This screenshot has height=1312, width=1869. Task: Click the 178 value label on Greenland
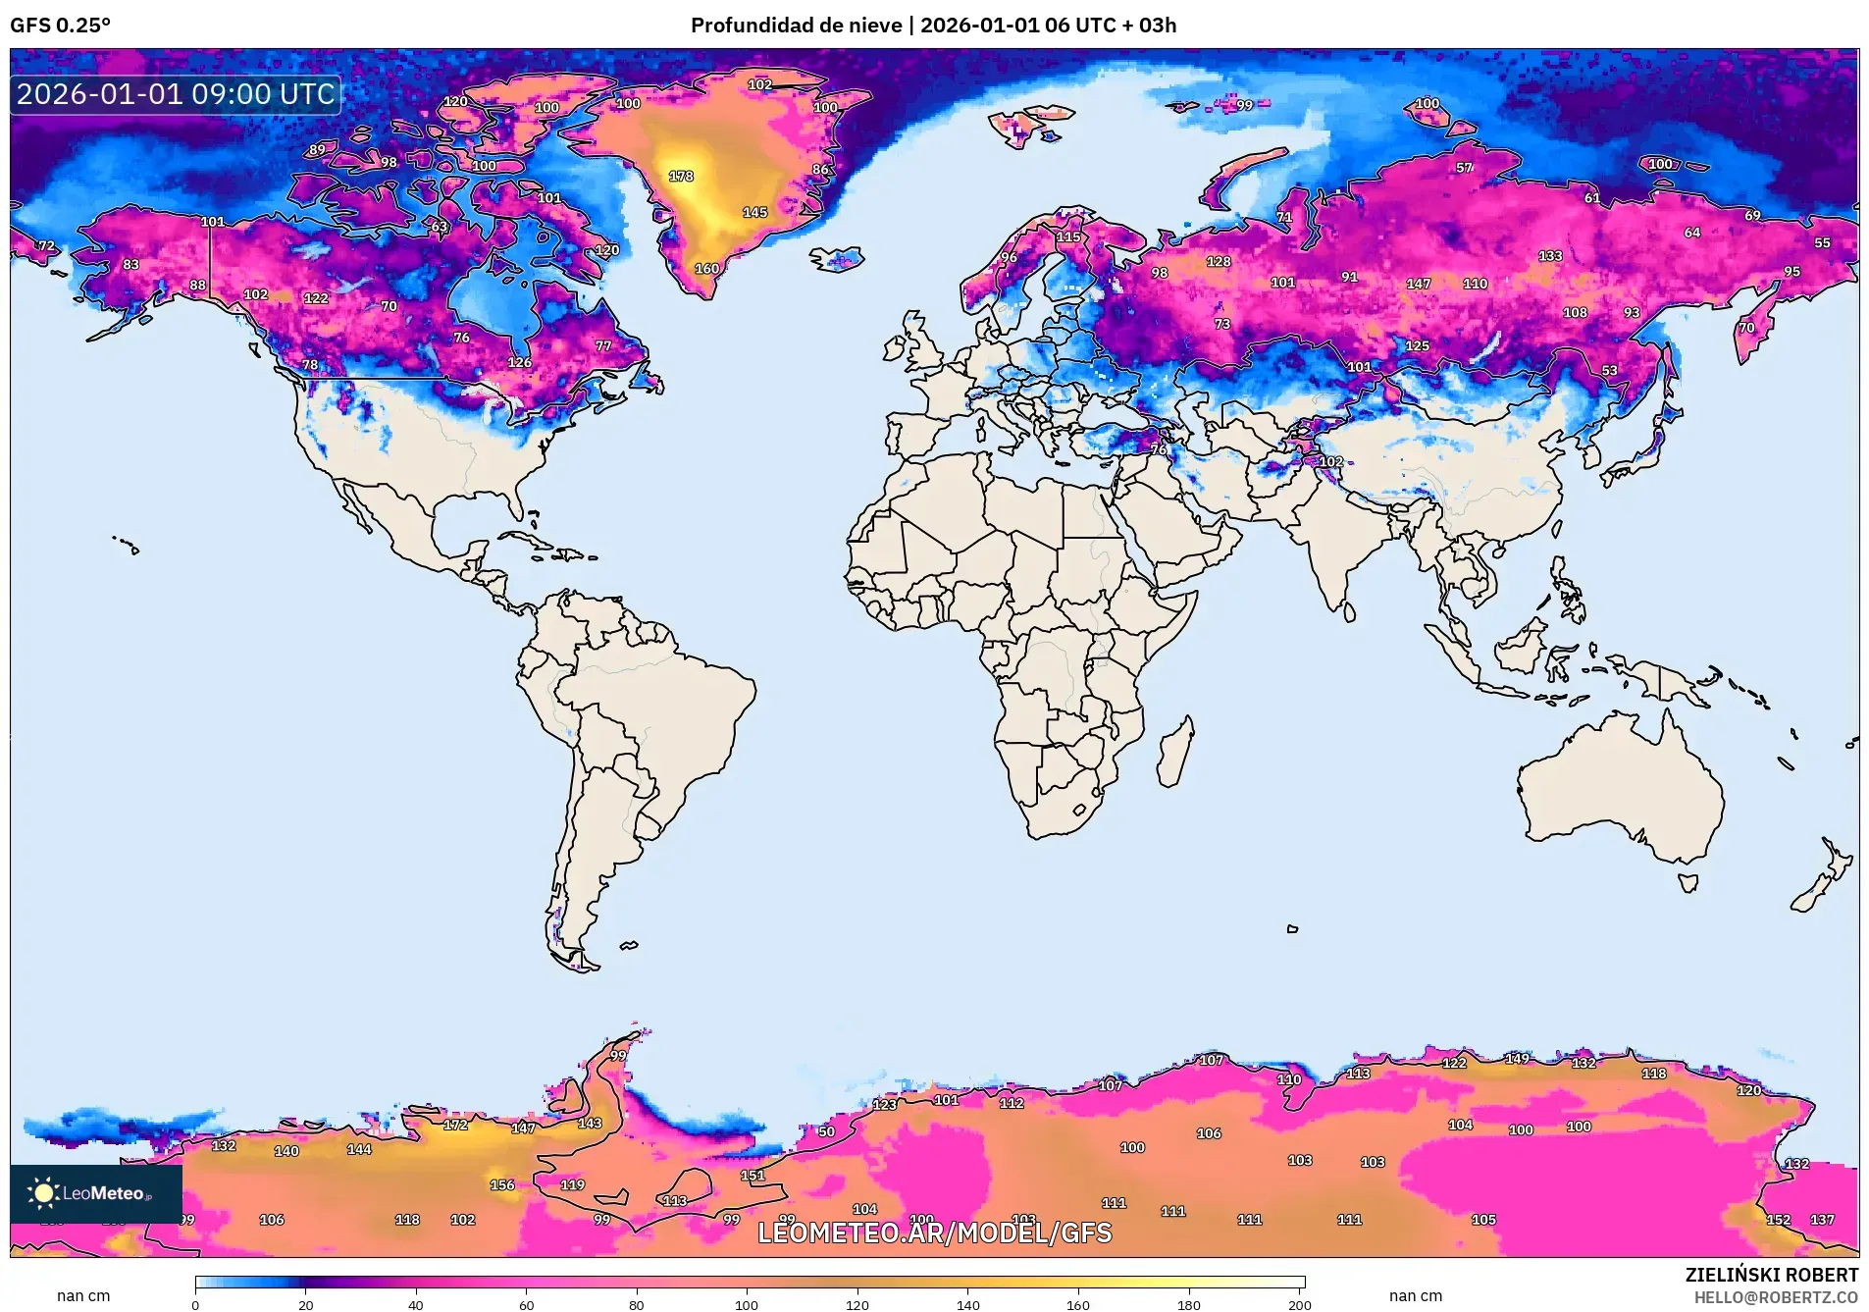(681, 177)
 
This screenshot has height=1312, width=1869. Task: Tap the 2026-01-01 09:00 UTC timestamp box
(176, 94)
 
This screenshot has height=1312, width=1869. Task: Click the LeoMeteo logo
(95, 1193)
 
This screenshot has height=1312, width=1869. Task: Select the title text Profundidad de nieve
(796, 26)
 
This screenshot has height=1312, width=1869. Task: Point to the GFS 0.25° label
(60, 26)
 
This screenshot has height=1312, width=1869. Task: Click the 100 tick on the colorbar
(747, 1304)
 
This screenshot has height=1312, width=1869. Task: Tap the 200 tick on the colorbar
(1299, 1304)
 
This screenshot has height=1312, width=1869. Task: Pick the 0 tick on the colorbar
(195, 1304)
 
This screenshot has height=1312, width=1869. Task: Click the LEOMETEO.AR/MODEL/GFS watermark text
(934, 1233)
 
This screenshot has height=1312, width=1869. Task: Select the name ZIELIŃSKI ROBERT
(1771, 1275)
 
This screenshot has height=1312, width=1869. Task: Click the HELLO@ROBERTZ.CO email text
(1776, 1297)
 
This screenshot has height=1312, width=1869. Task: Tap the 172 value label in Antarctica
(455, 1125)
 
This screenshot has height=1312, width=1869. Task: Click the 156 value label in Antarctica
(502, 1184)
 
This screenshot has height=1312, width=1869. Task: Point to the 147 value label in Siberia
(1418, 284)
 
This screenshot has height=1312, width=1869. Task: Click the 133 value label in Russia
(1550, 256)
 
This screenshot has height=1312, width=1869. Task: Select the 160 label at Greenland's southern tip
(706, 269)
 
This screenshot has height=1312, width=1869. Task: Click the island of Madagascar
(1175, 754)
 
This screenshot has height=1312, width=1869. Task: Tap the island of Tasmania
(1687, 882)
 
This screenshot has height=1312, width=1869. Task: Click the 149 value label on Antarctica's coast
(1517, 1059)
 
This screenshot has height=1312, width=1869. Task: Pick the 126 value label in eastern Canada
(519, 363)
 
